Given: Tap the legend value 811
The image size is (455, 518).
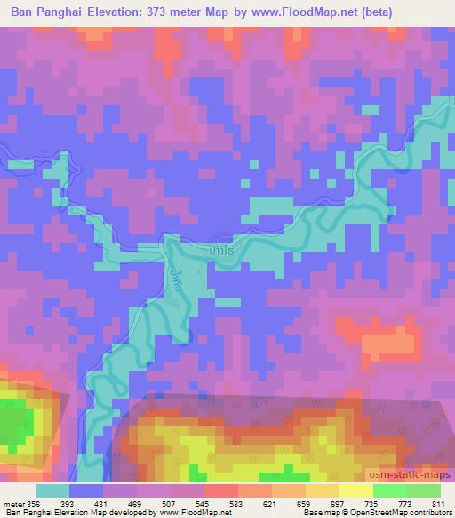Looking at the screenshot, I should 437,503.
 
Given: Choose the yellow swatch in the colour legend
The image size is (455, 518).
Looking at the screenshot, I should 355,490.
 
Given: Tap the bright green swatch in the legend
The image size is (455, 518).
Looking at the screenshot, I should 388,490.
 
